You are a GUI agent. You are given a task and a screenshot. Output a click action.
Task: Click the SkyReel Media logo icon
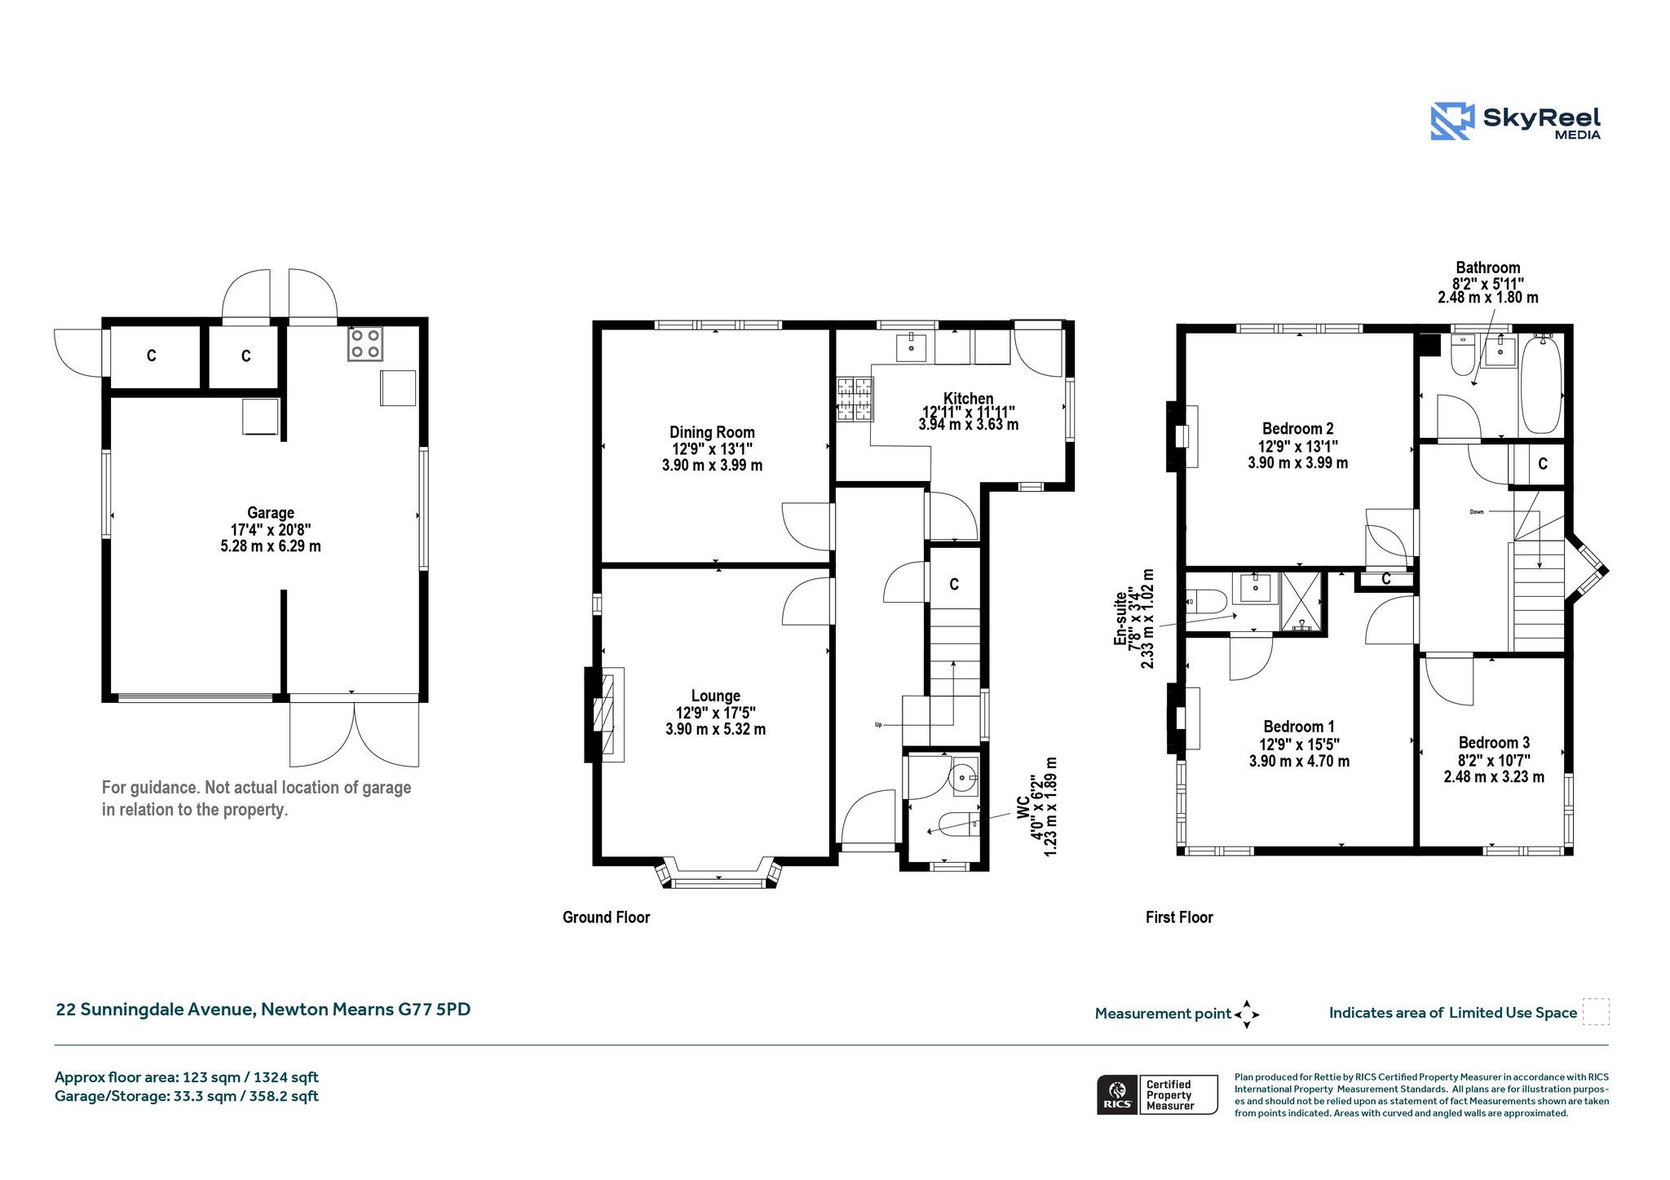point(1452,122)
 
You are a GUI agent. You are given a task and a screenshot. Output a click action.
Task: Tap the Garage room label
point(271,513)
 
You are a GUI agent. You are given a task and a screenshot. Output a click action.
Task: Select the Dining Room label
point(712,432)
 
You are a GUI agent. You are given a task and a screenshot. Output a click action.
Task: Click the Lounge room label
point(716,696)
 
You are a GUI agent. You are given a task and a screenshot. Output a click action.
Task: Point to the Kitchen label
point(969,399)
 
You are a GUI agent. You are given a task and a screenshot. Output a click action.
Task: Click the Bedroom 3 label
point(1494,743)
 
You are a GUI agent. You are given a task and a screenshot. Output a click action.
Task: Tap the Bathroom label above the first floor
point(1488,267)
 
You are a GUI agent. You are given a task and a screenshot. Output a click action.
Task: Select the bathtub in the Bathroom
point(1541,383)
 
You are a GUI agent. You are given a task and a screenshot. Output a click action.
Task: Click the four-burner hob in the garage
point(365,343)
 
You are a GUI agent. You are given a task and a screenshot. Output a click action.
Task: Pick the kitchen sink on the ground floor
point(911,347)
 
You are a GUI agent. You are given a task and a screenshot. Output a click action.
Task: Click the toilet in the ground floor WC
point(959,824)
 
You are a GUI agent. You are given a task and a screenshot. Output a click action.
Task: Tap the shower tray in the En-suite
point(1301,602)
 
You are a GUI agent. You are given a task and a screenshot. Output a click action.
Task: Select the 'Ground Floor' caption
point(606,917)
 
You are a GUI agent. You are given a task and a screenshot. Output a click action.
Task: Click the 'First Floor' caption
point(1179,917)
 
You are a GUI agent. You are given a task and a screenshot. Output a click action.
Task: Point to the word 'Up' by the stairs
point(878,724)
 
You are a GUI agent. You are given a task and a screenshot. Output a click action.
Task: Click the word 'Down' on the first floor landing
point(1477,512)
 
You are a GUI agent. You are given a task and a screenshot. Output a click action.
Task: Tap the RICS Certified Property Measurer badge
point(1157,1094)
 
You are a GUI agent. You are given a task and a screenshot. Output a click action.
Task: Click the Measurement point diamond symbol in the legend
point(1247,1014)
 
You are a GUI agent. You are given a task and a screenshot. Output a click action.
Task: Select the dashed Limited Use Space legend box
point(1596,1012)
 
